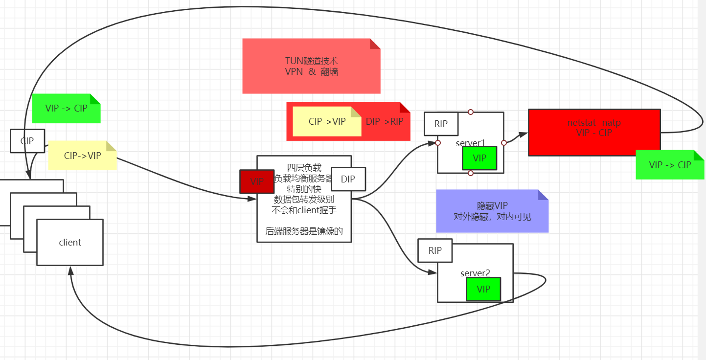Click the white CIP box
[27, 141]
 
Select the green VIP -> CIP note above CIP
[66, 108]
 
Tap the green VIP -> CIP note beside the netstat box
[670, 165]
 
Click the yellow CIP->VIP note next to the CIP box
[82, 156]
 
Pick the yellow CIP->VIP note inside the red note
[327, 121]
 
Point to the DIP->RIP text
[385, 121]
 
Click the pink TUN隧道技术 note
[311, 66]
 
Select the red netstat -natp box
[594, 133]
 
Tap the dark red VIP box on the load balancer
[257, 181]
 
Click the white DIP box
[348, 179]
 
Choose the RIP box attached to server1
[441, 124]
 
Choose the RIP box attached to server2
[435, 250]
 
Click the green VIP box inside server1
[479, 158]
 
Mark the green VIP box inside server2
[483, 289]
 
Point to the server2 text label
[475, 273]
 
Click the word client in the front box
[70, 243]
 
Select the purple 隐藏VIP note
[492, 211]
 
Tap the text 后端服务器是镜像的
[304, 232]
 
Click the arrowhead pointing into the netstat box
[524, 134]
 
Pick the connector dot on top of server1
[471, 112]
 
